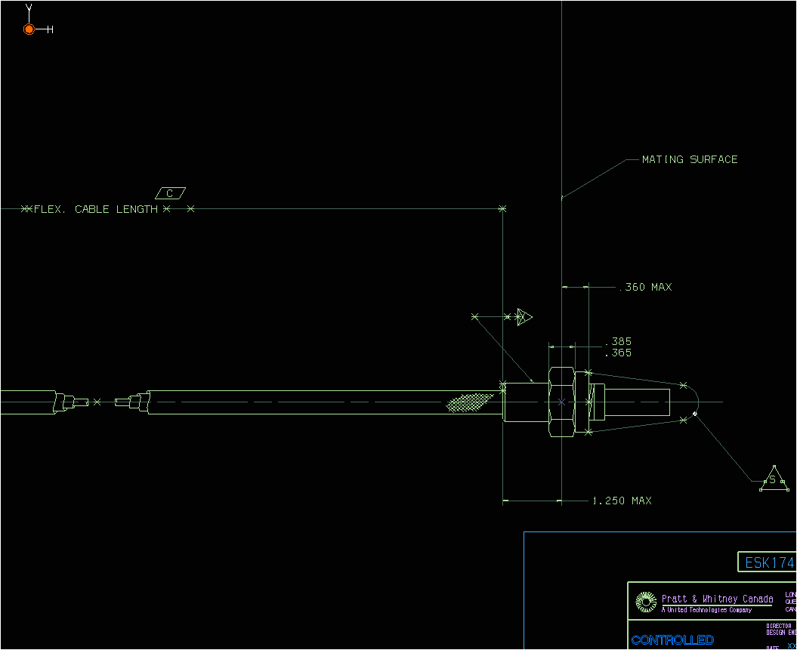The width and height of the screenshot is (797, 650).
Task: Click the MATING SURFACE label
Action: (689, 159)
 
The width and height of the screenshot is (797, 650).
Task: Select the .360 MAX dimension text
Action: (645, 287)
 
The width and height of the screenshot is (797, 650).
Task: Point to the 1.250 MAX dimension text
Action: (621, 501)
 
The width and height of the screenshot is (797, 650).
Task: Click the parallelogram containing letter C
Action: (170, 193)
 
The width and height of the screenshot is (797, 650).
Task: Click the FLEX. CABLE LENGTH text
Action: (95, 209)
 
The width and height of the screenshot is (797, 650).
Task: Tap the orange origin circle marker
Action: (29, 29)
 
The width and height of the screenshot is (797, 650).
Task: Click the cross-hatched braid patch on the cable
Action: (468, 403)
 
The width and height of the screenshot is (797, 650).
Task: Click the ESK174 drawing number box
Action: (768, 562)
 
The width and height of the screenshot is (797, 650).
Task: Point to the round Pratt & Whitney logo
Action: (646, 602)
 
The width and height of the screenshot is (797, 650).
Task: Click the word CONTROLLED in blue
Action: (672, 640)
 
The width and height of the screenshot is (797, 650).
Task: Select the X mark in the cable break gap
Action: (97, 402)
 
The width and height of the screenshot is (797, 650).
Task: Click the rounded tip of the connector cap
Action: (692, 402)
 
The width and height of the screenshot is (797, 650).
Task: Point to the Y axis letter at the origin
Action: (29, 8)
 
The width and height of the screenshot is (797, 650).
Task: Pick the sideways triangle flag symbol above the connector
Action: (524, 316)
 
